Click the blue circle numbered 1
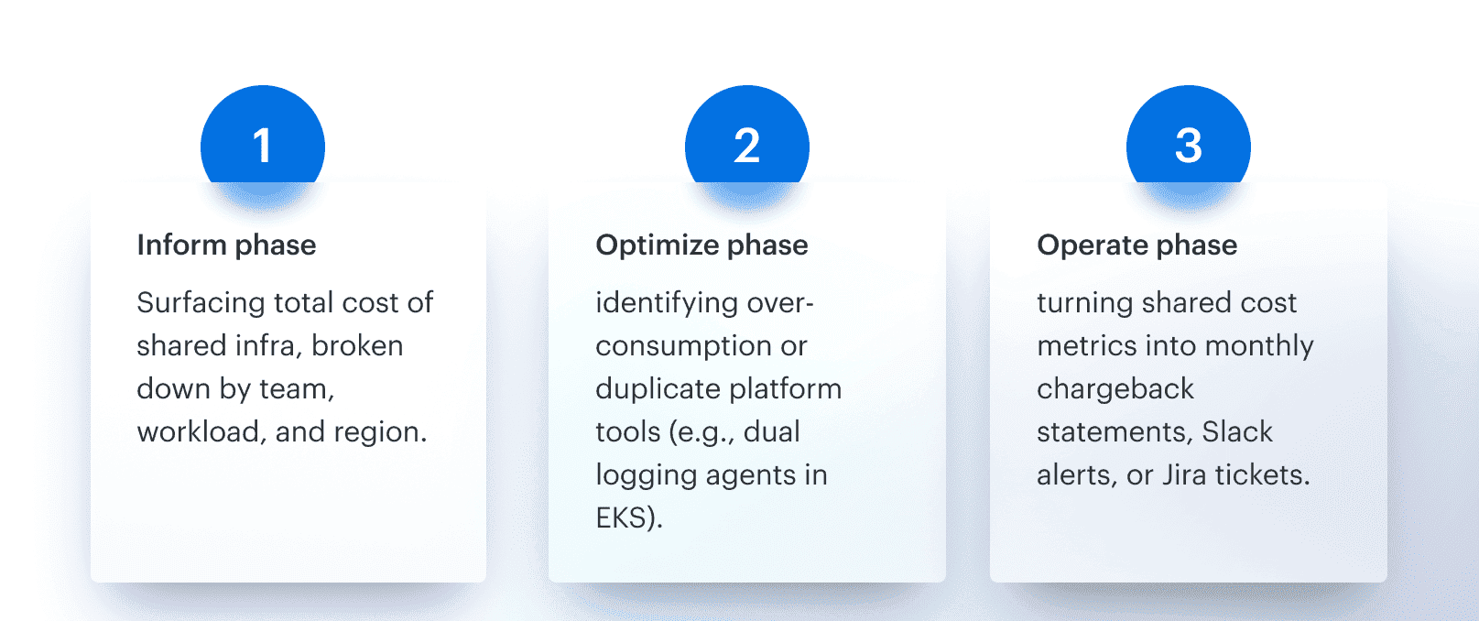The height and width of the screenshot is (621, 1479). pyautogui.click(x=263, y=142)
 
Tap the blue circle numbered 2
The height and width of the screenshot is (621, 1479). pyautogui.click(x=747, y=142)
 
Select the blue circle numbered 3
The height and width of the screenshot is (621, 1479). pyautogui.click(x=1188, y=142)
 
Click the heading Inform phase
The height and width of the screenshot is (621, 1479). pyautogui.click(x=226, y=245)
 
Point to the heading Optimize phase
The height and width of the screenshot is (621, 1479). pyautogui.click(x=701, y=245)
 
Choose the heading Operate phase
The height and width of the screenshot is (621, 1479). pyautogui.click(x=1136, y=245)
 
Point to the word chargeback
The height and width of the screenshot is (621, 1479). pyautogui.click(x=1115, y=389)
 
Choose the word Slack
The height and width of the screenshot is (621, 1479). pyautogui.click(x=1237, y=432)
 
